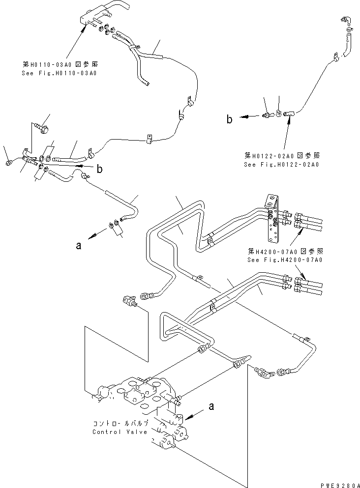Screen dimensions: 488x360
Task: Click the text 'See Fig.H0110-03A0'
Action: [59, 73]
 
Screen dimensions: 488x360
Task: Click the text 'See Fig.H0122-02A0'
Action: [281, 164]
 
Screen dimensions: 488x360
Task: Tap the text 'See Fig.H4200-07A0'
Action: [285, 259]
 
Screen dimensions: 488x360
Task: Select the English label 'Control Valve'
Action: [120, 432]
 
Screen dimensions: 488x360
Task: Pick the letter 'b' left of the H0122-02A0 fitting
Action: [229, 118]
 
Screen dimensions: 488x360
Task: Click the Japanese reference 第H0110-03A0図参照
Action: [59, 64]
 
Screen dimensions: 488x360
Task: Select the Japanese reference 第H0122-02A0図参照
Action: [281, 155]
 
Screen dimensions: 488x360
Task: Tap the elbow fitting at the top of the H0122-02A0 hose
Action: [345, 22]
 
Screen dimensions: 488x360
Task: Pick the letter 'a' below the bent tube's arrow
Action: [78, 247]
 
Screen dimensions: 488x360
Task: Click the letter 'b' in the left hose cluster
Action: [100, 170]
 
